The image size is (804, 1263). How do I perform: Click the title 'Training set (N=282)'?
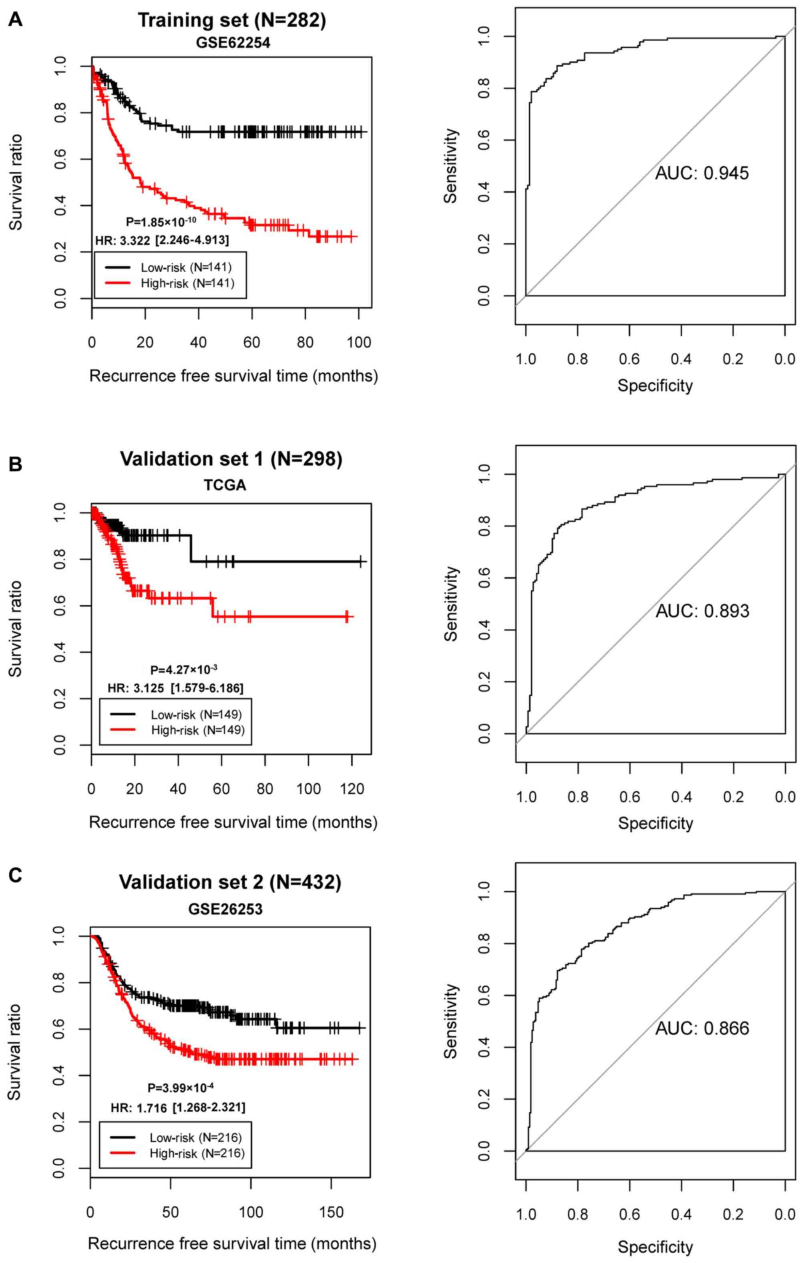(x=231, y=20)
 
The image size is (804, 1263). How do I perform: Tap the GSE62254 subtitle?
(x=233, y=43)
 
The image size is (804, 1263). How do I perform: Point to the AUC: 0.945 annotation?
(x=702, y=173)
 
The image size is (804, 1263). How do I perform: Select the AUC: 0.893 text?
(x=702, y=611)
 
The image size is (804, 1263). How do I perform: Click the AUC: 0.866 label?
(x=702, y=1028)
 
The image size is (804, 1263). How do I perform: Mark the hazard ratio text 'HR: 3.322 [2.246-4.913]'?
(x=162, y=241)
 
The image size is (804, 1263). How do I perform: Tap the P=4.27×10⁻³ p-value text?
(x=183, y=670)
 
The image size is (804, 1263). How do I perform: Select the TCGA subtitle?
(x=225, y=486)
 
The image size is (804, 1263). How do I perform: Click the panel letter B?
(x=16, y=465)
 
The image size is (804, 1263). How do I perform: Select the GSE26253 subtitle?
(x=225, y=909)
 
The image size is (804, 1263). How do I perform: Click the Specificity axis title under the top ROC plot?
(x=655, y=386)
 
